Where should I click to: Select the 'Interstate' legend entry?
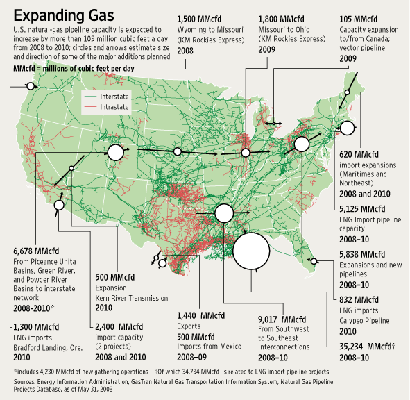pos(119,95)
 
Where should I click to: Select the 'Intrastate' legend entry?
pos(119,106)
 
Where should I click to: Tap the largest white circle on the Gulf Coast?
pos(250,251)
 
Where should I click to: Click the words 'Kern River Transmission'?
pos(132,297)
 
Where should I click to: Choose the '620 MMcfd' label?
pos(359,153)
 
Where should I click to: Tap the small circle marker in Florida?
pos(314,261)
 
